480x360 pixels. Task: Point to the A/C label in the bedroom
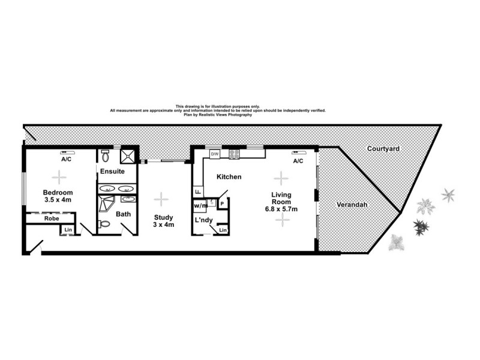pyautogui.click(x=66, y=160)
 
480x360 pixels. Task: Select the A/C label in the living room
pyautogui.click(x=298, y=161)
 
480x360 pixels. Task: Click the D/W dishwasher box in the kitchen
pyautogui.click(x=214, y=154)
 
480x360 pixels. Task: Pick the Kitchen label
pyautogui.click(x=229, y=177)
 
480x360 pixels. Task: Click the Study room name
pyautogui.click(x=163, y=217)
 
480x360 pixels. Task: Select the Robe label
pyautogui.click(x=50, y=219)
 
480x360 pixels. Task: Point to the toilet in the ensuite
pyautogui.click(x=105, y=157)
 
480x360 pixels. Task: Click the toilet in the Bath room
pyautogui.click(x=104, y=225)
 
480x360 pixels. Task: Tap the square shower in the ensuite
pyautogui.click(x=128, y=155)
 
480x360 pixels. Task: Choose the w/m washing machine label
pyautogui.click(x=200, y=205)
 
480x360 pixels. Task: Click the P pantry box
pyautogui.click(x=222, y=203)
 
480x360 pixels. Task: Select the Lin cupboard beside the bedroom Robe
pyautogui.click(x=68, y=230)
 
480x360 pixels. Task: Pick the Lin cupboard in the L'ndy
pyautogui.click(x=223, y=230)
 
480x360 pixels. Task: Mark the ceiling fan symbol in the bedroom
pyautogui.click(x=59, y=177)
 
